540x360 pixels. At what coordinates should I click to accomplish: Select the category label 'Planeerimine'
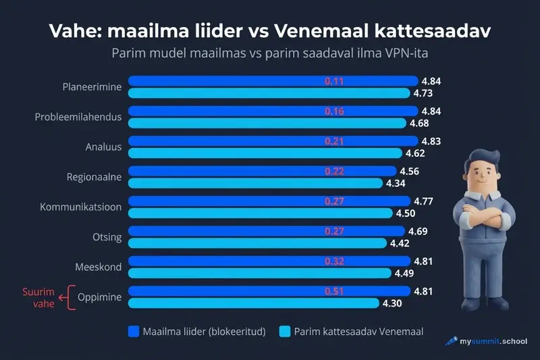[92, 86]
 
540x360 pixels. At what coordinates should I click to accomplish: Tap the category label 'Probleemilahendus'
[78, 117]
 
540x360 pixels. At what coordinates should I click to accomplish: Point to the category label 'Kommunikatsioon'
[81, 207]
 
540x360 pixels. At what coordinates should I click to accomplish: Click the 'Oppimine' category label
[100, 297]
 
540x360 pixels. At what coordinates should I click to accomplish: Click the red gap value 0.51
[334, 291]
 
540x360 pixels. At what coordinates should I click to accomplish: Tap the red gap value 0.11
[334, 81]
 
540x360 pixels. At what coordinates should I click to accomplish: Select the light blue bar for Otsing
[256, 243]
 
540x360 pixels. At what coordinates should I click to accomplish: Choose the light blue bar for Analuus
[263, 153]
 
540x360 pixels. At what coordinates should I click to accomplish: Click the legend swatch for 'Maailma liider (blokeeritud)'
[133, 332]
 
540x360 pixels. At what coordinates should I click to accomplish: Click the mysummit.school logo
[485, 342]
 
